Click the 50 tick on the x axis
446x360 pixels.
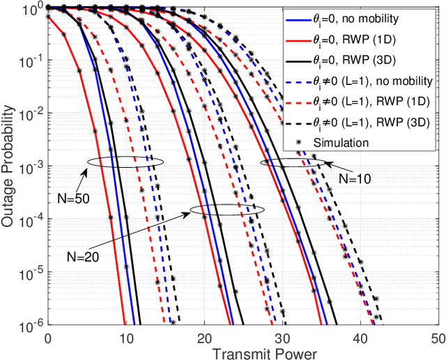point(438,338)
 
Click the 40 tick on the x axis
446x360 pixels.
point(360,338)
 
